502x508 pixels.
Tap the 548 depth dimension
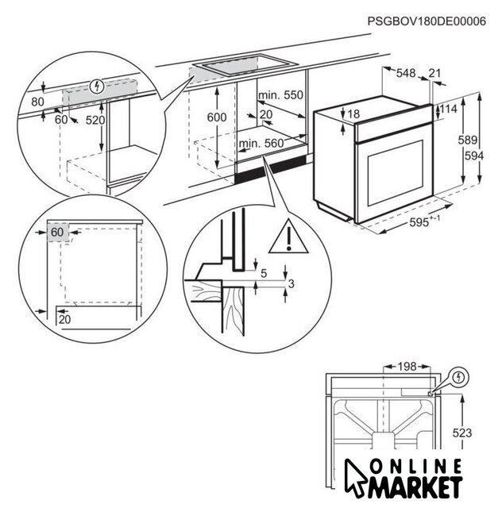406,73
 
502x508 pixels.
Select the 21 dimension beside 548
434,73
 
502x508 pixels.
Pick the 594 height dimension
474,156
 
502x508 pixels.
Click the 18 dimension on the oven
353,114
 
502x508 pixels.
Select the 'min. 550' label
281,95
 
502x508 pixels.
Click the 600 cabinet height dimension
217,117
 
